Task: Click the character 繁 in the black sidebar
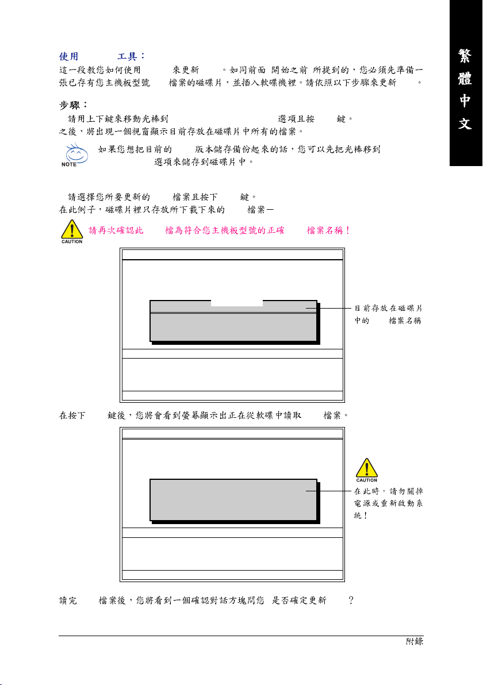point(466,56)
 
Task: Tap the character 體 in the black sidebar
point(466,79)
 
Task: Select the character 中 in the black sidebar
point(466,101)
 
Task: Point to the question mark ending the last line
point(350,600)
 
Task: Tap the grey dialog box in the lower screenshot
point(233,499)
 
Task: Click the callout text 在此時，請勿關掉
point(389,491)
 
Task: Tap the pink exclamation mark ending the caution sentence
point(348,230)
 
